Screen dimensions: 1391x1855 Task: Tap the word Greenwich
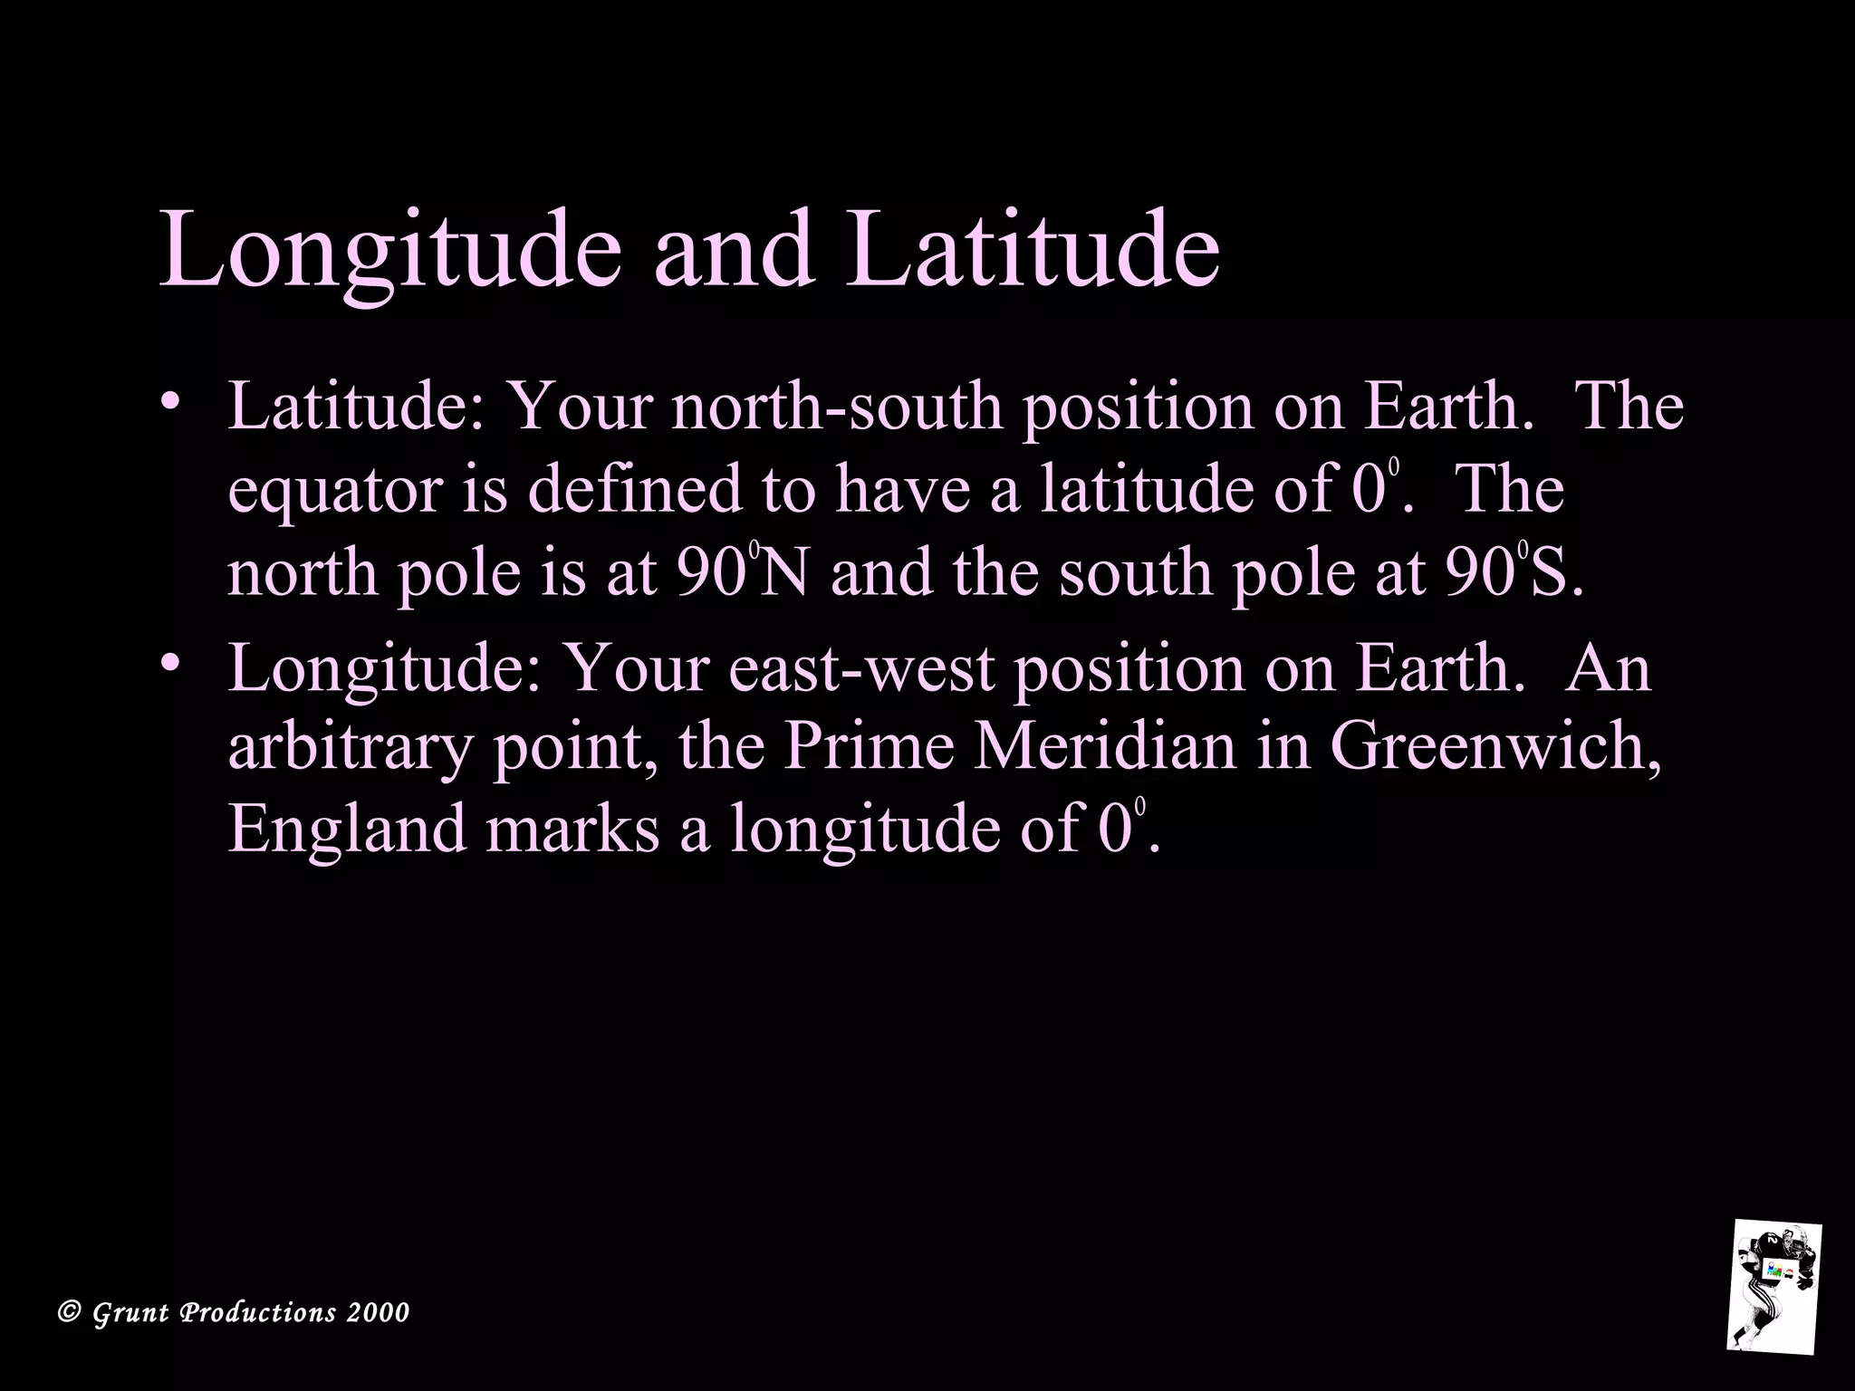pyautogui.click(x=1495, y=749)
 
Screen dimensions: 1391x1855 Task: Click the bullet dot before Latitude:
pyautogui.click(x=169, y=401)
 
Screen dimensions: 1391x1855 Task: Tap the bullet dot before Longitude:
pyautogui.click(x=169, y=664)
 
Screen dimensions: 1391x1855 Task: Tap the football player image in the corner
pyautogui.click(x=1773, y=1297)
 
